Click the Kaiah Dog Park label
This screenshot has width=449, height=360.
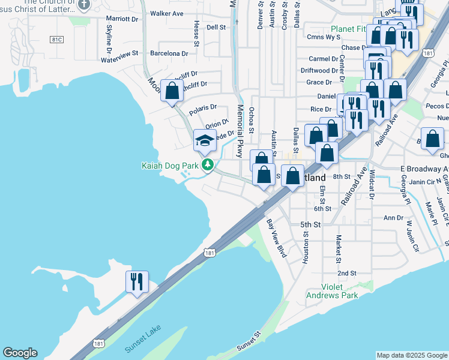(x=170, y=165)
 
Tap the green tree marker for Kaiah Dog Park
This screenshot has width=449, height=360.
(x=208, y=164)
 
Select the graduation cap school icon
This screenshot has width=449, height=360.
(x=204, y=141)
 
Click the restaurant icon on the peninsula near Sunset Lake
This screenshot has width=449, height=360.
(x=136, y=281)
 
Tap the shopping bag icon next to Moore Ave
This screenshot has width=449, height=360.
(x=172, y=92)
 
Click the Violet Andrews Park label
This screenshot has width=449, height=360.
(x=332, y=290)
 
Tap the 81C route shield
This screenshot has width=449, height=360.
(x=57, y=40)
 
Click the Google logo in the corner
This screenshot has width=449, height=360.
(x=20, y=353)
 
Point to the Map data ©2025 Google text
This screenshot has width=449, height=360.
(x=412, y=355)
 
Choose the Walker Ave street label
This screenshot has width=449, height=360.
(x=166, y=13)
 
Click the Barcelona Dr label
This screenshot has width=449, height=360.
(x=169, y=53)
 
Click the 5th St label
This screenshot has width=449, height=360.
(x=311, y=224)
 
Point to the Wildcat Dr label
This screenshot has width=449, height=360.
(x=372, y=189)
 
